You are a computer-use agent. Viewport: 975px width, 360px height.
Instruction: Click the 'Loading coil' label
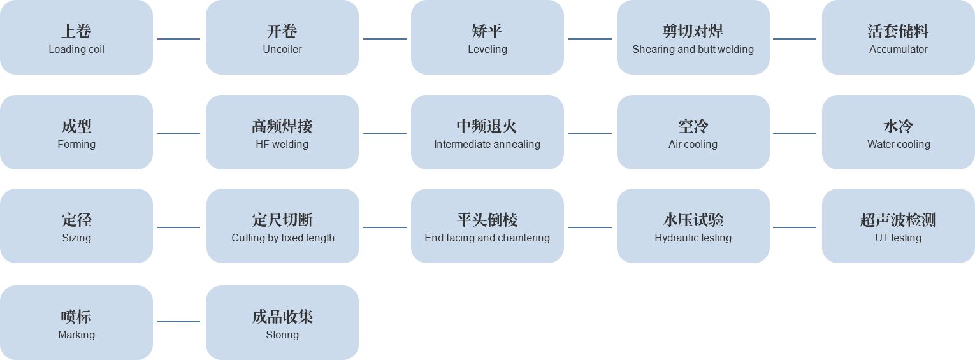click(76, 50)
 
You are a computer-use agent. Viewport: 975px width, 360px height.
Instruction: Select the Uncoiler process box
click(282, 38)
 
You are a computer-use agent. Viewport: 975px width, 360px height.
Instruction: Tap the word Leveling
click(487, 50)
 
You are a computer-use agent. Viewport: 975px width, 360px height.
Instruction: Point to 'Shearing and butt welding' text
click(693, 50)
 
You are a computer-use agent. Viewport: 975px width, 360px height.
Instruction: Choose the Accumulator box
click(898, 38)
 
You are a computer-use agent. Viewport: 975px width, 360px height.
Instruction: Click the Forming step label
click(76, 145)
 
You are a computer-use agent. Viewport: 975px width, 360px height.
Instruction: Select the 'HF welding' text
click(282, 145)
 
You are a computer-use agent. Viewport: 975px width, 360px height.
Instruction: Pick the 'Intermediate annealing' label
click(487, 145)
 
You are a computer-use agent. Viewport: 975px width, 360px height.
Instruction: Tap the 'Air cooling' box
click(693, 133)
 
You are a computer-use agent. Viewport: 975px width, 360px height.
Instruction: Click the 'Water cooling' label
click(899, 145)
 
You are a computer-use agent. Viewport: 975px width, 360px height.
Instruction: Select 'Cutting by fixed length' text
click(283, 238)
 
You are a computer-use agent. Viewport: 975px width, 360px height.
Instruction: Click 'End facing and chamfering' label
click(487, 238)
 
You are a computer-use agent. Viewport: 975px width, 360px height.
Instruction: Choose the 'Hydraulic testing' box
click(693, 226)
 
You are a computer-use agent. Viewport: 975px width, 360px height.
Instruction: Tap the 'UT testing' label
click(898, 238)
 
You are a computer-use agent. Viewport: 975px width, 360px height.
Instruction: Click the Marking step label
click(76, 335)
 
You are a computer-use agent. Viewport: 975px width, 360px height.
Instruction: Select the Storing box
click(282, 323)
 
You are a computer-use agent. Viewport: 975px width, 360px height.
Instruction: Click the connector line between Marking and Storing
click(178, 322)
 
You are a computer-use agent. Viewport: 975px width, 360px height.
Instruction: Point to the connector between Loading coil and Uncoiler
click(178, 39)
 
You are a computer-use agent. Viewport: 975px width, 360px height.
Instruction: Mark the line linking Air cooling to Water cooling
click(795, 133)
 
